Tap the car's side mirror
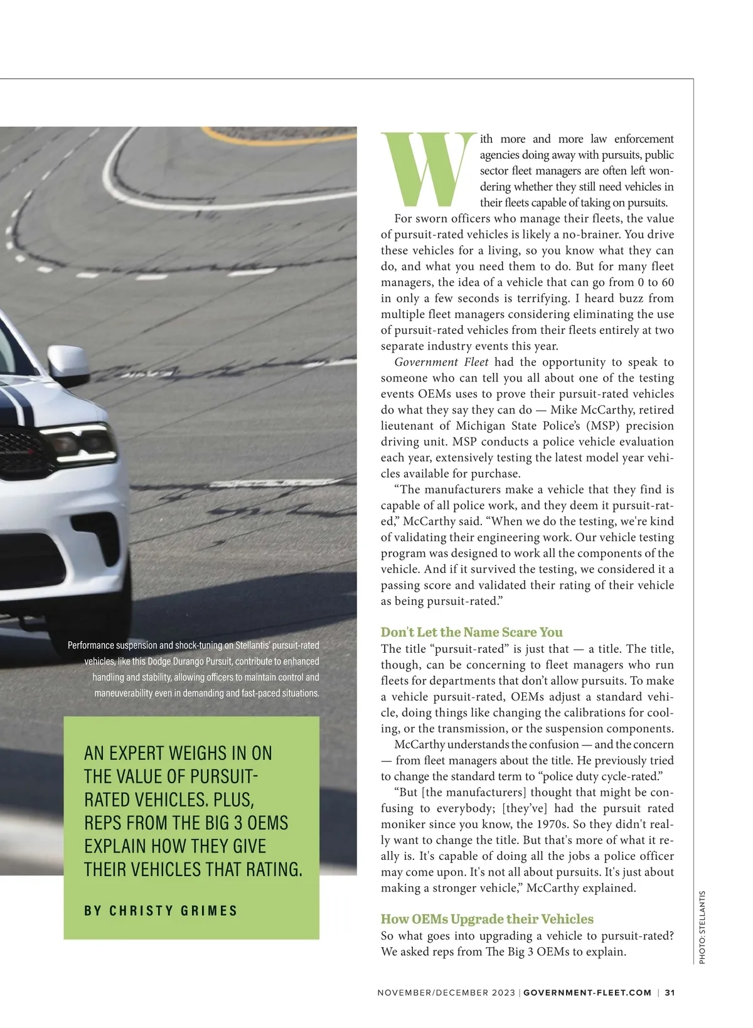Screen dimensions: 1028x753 (69, 364)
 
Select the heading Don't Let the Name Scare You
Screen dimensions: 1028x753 (471, 632)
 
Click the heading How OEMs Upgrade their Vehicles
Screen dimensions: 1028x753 (487, 919)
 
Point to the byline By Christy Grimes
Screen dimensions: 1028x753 (161, 911)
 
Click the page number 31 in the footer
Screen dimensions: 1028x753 (670, 993)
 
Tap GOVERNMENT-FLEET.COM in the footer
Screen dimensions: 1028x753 (587, 993)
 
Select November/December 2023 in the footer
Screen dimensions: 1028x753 (446, 993)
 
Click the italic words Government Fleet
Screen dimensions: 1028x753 (441, 362)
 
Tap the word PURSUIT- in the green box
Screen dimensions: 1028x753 (224, 776)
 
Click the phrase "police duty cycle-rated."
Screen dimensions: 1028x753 (604, 776)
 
